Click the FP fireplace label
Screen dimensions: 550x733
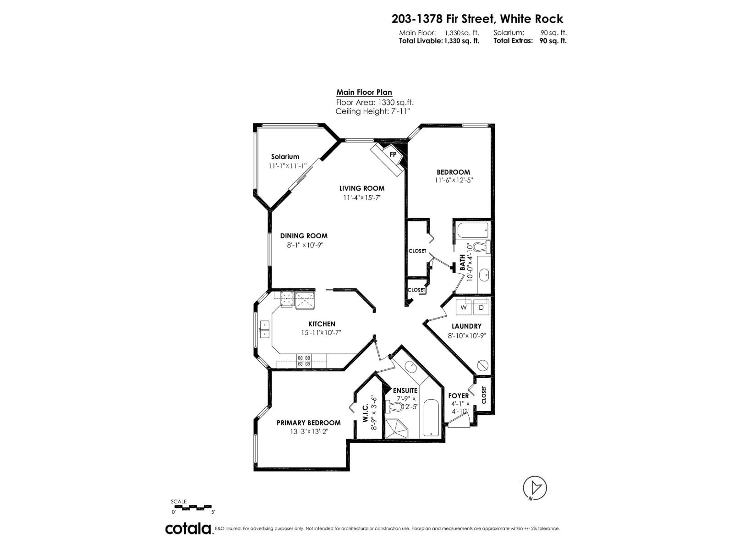point(393,154)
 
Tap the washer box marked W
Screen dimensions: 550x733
point(464,308)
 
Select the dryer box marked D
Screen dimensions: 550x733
point(481,308)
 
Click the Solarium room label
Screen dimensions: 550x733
point(285,157)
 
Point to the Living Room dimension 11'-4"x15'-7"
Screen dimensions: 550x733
point(362,198)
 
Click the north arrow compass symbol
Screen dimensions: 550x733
point(535,487)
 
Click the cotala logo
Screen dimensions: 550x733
point(188,528)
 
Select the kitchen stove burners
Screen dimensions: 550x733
point(304,361)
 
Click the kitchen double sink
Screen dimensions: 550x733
point(265,330)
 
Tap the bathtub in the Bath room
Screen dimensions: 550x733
point(471,230)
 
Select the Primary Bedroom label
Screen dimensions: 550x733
point(308,423)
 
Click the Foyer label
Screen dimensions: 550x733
point(458,396)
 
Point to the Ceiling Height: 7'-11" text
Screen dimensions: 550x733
point(372,111)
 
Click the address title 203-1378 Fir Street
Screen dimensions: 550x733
point(477,19)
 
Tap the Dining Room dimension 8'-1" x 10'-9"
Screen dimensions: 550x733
point(304,245)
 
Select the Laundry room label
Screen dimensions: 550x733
point(466,326)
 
